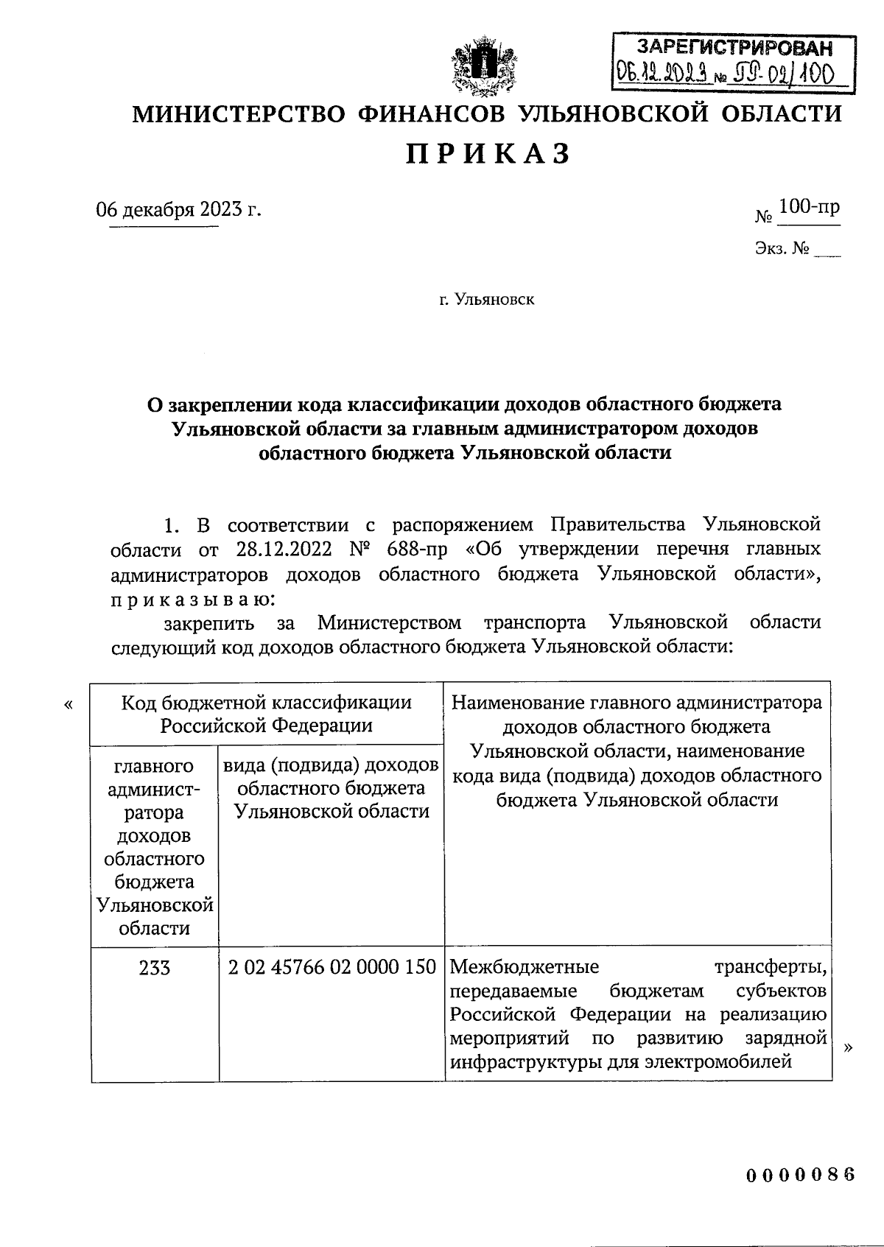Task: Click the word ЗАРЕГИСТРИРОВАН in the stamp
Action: tap(735, 48)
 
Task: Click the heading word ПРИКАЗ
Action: tap(488, 155)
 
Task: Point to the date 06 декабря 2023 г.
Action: tap(179, 210)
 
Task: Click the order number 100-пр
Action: tap(809, 208)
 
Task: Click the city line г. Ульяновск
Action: tap(487, 300)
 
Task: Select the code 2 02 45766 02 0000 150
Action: tap(332, 967)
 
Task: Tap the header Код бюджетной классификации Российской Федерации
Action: tap(267, 713)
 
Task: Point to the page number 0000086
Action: tap(801, 1175)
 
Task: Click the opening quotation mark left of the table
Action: tap(69, 706)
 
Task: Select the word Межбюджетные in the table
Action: tap(524, 966)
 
